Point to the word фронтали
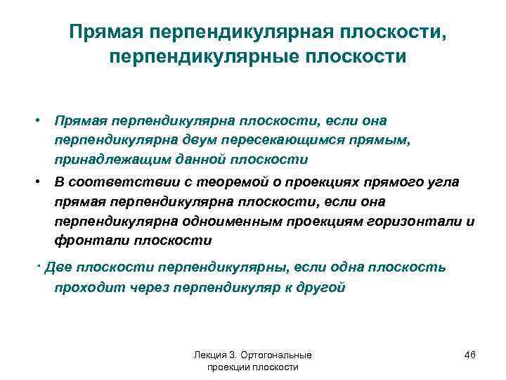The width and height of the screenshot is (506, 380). [x=82, y=241]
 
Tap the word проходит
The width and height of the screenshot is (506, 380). [x=85, y=288]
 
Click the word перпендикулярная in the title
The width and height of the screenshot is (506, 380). [x=254, y=32]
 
